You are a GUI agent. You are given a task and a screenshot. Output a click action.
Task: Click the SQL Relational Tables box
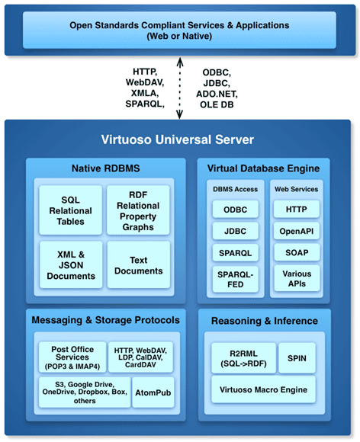tap(70, 210)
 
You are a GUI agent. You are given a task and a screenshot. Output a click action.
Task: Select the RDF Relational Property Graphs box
tap(138, 210)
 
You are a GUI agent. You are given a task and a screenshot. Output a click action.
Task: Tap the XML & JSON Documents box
tap(71, 264)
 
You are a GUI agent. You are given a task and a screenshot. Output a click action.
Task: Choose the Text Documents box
tap(139, 264)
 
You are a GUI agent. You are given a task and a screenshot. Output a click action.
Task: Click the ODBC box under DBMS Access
tap(236, 209)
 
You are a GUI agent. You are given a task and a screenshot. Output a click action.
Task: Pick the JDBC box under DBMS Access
tap(236, 231)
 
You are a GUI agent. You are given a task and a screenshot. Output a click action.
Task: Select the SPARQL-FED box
tap(236, 279)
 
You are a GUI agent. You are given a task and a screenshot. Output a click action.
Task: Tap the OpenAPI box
tap(297, 231)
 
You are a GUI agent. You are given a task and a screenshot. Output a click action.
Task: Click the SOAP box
tap(297, 252)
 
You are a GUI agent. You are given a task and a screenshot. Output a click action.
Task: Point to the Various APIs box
tap(297, 278)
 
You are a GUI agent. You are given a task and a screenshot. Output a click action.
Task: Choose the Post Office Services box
tap(72, 357)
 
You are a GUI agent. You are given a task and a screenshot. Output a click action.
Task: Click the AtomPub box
tap(153, 392)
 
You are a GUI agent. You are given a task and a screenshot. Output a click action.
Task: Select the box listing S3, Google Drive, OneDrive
tap(85, 392)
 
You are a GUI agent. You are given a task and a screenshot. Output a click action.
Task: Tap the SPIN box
tap(297, 358)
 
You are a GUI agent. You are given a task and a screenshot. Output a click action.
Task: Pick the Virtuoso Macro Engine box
tap(263, 389)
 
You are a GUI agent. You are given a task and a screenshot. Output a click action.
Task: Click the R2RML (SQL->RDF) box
tap(243, 358)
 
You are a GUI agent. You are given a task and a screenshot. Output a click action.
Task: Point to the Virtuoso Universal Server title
tap(178, 139)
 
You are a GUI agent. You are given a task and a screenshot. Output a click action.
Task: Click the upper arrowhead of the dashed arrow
tap(180, 62)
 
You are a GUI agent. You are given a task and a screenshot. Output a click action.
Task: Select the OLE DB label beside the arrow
tap(217, 104)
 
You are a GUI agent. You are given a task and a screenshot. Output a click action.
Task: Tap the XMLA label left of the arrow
tap(145, 93)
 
